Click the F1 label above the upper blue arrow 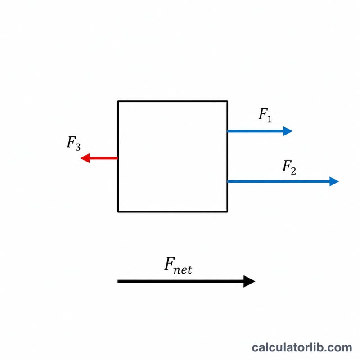pos(265,115)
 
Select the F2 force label pos(289,167)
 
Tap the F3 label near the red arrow pos(74,144)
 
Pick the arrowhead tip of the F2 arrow pos(339,181)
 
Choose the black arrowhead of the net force pos(249,281)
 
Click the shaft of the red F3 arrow pos(103,158)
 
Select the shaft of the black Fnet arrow pos(181,281)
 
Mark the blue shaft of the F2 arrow pos(279,181)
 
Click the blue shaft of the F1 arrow pos(255,131)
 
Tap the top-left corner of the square pos(118,101)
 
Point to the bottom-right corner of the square pos(227,211)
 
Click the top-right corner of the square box pos(227,101)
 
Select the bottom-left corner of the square pos(118,211)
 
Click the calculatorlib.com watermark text pos(302,347)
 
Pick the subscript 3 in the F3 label pos(78,147)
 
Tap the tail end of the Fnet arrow pos(118,281)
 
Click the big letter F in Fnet pos(170,264)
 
